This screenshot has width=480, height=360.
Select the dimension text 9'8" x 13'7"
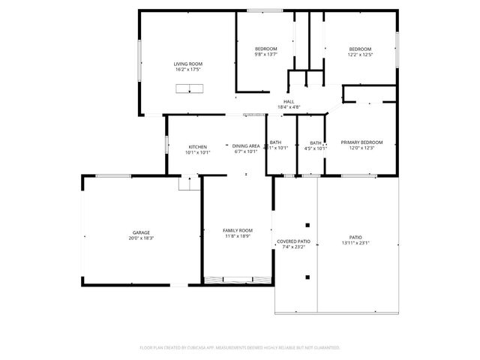tap(265, 54)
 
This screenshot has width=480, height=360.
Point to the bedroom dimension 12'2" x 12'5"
tap(359, 54)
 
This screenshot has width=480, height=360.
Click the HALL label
tap(289, 101)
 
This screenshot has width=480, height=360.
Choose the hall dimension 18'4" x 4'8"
tap(289, 106)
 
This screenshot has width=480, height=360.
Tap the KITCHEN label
tap(198, 146)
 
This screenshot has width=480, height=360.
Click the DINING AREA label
tap(245, 146)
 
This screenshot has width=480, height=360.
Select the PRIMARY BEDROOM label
tap(361, 142)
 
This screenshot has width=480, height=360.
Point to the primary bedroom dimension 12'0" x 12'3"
tap(361, 148)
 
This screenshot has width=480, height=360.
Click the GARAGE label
tap(142, 232)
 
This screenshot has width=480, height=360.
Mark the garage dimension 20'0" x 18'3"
tap(142, 238)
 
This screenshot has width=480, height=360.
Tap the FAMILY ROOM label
tap(237, 230)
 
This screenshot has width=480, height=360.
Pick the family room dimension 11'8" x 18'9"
tap(237, 235)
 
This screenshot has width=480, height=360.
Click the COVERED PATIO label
tap(293, 241)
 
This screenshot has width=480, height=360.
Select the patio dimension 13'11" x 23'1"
tap(357, 242)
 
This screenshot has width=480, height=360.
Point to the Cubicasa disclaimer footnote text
tap(240, 348)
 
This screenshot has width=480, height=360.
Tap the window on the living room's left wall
tap(138, 59)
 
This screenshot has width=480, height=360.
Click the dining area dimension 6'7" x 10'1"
tap(245, 151)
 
